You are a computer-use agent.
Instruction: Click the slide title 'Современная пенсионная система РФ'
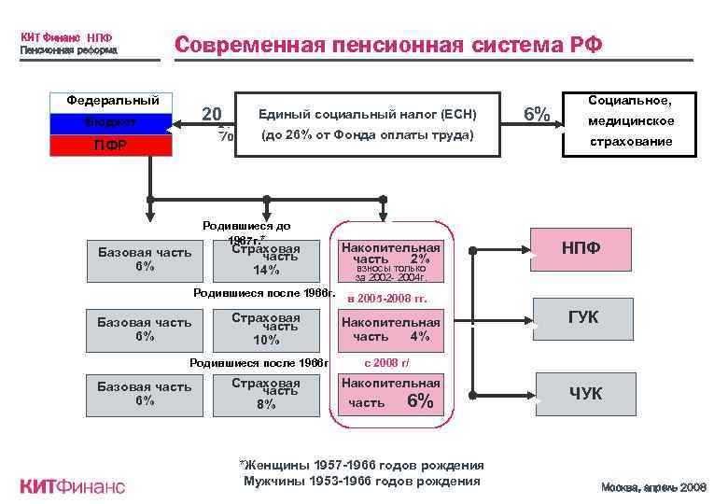click(x=388, y=45)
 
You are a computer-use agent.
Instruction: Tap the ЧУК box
click(x=585, y=393)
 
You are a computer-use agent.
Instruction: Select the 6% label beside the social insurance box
click(x=536, y=114)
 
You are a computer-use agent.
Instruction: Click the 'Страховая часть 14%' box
click(x=266, y=259)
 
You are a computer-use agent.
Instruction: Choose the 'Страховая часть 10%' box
click(x=266, y=329)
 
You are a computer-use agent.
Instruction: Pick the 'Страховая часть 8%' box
click(x=266, y=394)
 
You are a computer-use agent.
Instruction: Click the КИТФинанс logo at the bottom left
click(x=72, y=486)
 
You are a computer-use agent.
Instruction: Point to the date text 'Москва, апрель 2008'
click(x=654, y=487)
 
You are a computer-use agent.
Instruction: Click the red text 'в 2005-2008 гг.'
click(x=386, y=299)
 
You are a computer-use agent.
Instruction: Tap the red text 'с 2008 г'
click(x=386, y=363)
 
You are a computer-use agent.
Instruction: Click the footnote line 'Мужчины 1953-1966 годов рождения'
click(x=362, y=482)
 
